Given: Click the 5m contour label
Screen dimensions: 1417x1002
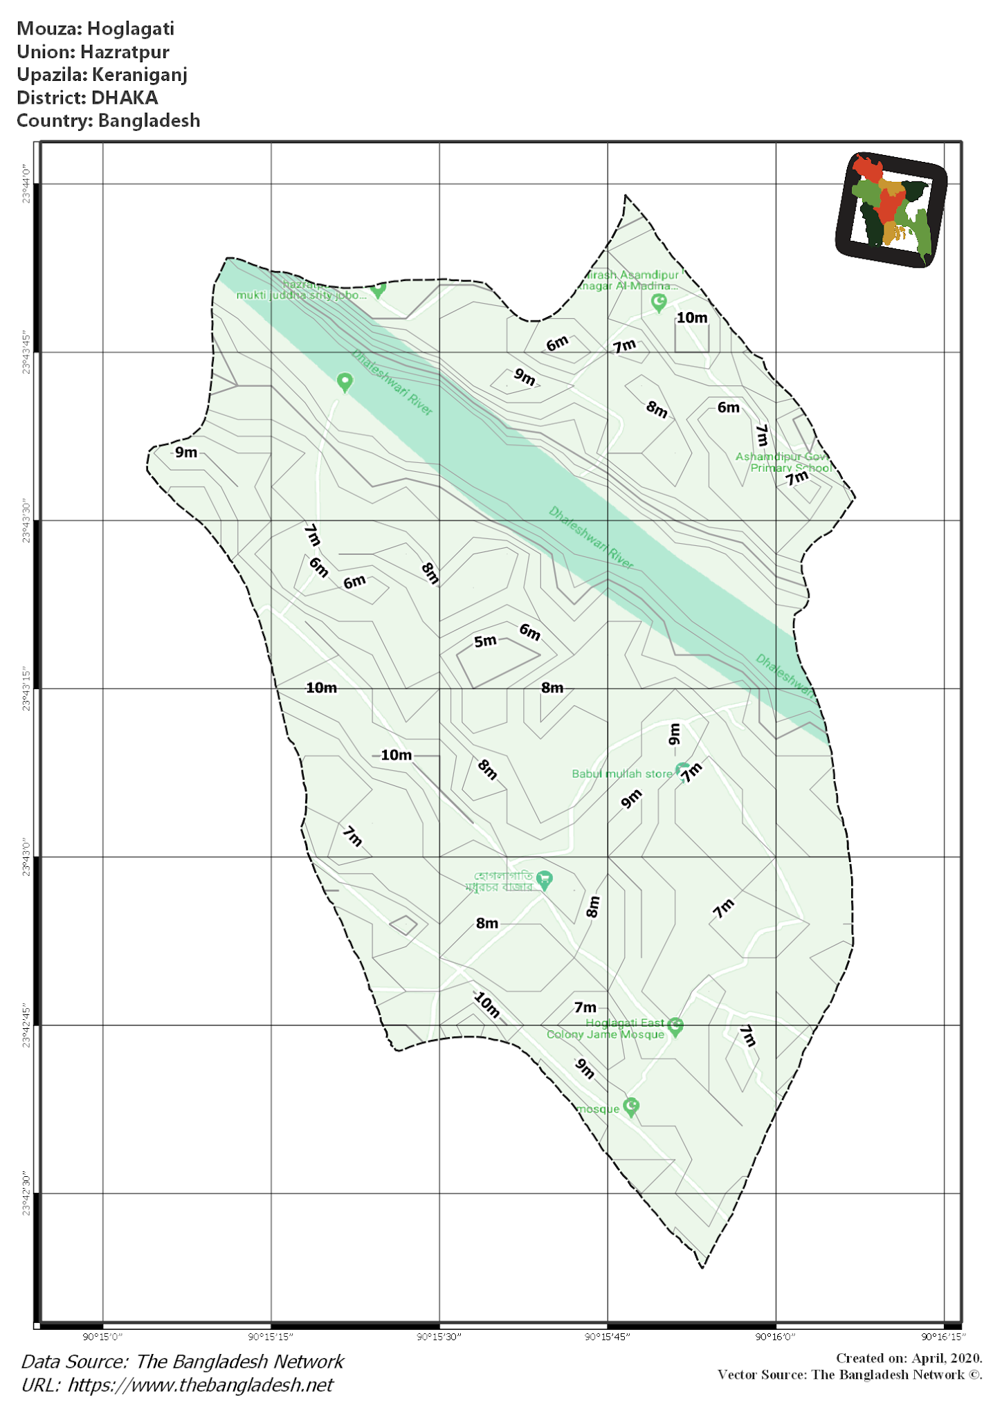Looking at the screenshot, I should click(485, 641).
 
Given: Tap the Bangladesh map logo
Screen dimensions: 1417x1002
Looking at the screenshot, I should click(891, 209).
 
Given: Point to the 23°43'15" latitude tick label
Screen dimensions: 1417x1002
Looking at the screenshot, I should click(26, 689).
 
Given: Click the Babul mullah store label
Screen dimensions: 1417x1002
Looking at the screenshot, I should click(621, 774).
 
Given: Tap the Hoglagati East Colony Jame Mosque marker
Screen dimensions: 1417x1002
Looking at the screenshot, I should click(676, 1027).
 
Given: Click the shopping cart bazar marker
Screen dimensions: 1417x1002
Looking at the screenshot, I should click(545, 879).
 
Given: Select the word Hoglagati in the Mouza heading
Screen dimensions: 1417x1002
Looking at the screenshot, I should click(131, 29).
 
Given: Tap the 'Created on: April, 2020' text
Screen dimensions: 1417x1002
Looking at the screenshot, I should click(909, 1358).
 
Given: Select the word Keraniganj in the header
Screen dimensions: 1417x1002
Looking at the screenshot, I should click(140, 75).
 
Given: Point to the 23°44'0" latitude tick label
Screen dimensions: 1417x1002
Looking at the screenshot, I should click(26, 184).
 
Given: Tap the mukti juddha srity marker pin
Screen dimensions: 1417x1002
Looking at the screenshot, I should click(378, 290).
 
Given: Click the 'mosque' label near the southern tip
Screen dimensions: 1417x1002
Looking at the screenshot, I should click(599, 1109).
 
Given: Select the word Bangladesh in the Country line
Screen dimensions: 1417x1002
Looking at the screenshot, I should click(149, 120).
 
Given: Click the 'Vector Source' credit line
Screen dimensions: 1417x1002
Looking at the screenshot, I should click(849, 1375).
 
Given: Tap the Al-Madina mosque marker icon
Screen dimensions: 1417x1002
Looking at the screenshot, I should click(659, 302).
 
